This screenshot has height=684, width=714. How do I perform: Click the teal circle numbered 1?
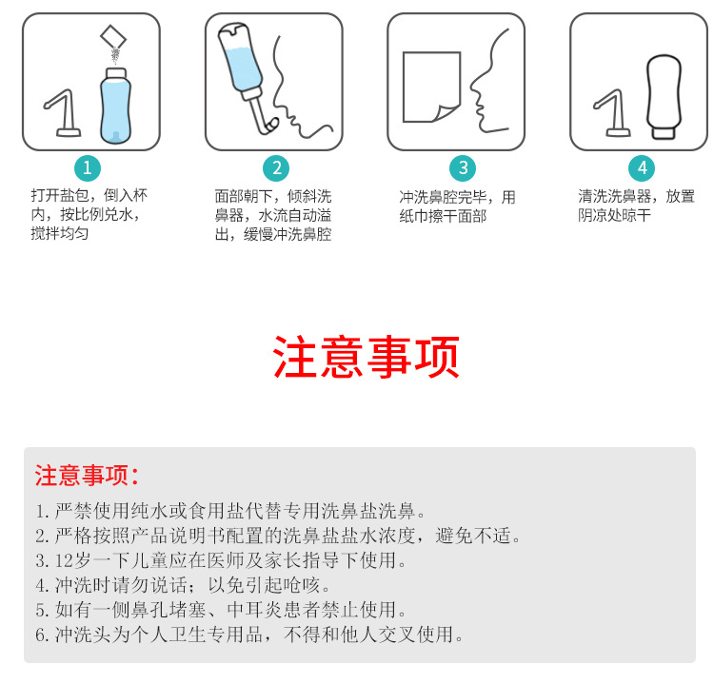coord(87,168)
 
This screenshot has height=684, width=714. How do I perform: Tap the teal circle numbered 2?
coord(275,168)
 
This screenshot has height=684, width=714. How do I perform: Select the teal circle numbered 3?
coord(461,168)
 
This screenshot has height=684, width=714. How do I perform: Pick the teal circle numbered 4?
coord(642,168)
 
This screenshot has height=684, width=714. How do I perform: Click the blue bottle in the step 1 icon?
coord(113,105)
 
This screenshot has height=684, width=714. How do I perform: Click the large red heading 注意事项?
coord(367,358)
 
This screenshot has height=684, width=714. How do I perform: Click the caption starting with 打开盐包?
coord(89,214)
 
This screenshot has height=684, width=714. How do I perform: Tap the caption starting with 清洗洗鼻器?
coord(636,205)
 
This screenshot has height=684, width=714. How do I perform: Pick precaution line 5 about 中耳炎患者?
coord(222,609)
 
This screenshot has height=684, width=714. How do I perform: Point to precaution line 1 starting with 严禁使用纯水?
coord(229,510)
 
